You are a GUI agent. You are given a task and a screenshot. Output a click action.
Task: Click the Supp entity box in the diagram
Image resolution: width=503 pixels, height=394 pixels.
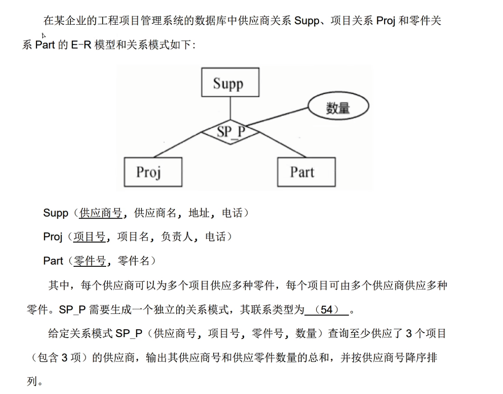(230, 82)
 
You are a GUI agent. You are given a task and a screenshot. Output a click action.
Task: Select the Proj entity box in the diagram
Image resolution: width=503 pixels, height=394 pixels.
(153, 172)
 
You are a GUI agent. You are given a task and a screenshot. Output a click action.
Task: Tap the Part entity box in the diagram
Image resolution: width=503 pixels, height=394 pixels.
(306, 172)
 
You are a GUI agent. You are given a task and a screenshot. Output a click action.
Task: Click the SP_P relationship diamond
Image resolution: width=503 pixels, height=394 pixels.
(231, 132)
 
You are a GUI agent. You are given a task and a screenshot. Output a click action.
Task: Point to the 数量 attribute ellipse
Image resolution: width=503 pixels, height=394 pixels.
(338, 107)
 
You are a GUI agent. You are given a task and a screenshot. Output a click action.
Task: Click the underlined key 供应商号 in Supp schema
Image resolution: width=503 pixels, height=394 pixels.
(101, 213)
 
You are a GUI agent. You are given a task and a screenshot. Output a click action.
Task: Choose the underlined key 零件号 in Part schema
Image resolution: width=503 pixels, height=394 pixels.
(90, 261)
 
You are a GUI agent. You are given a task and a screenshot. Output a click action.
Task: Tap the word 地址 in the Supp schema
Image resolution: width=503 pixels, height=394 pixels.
(199, 213)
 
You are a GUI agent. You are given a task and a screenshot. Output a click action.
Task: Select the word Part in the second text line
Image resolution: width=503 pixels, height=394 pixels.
(45, 45)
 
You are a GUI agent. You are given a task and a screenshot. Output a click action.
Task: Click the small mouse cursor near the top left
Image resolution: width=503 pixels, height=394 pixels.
(44, 35)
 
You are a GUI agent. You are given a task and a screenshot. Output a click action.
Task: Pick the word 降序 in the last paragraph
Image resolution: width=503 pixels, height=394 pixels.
(406, 358)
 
